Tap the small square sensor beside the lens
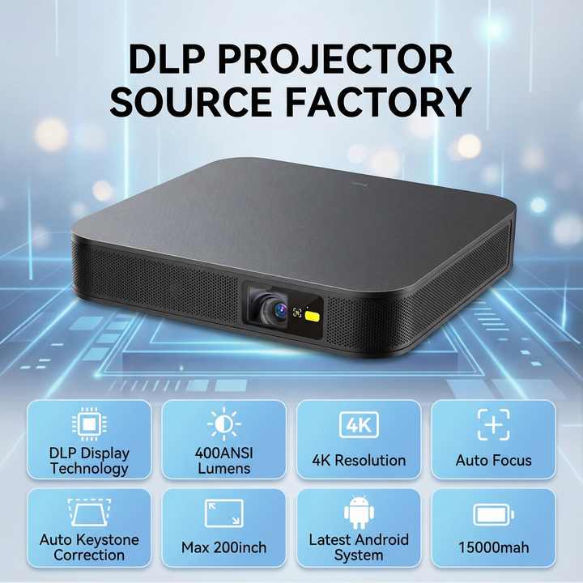[x=296, y=313]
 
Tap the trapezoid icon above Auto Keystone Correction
[x=88, y=513]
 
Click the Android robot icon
[x=358, y=513]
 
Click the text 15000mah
[x=493, y=548]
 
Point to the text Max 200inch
[x=223, y=548]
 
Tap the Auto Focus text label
[x=493, y=460]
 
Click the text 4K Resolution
[x=359, y=460]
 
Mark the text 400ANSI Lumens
[x=223, y=460]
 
